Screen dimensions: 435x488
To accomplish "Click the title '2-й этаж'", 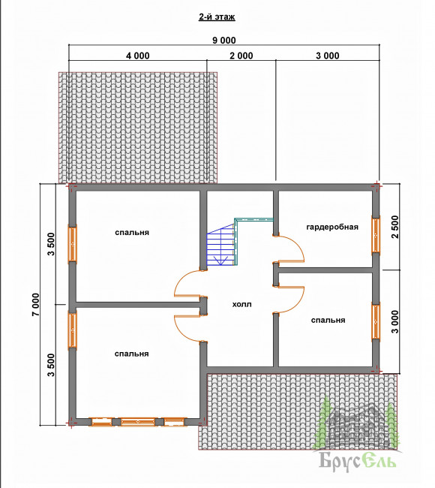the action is (x=217, y=17).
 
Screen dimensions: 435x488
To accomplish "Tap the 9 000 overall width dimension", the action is (x=223, y=41).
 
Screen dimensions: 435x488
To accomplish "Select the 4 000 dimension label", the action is (x=137, y=56).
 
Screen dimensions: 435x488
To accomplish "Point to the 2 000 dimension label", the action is (x=241, y=56).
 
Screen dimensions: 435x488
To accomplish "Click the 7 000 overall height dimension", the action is (x=36, y=304).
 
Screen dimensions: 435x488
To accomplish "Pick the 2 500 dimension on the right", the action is (x=395, y=227).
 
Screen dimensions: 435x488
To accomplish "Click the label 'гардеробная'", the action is (x=332, y=227).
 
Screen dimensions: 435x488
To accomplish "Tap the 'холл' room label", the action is (x=242, y=304).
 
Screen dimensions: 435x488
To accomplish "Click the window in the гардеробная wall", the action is (x=376, y=235).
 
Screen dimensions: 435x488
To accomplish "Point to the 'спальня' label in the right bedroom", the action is (x=328, y=320).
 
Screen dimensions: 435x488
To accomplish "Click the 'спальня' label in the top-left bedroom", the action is (x=132, y=232).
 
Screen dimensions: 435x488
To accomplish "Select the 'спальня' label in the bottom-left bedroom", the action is (x=131, y=354).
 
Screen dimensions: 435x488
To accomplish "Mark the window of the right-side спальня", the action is (x=376, y=321).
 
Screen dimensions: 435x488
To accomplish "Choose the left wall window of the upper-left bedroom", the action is (x=73, y=244).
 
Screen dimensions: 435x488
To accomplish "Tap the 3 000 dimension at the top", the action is (x=328, y=56).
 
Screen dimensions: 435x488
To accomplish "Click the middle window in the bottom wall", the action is (x=137, y=422).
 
